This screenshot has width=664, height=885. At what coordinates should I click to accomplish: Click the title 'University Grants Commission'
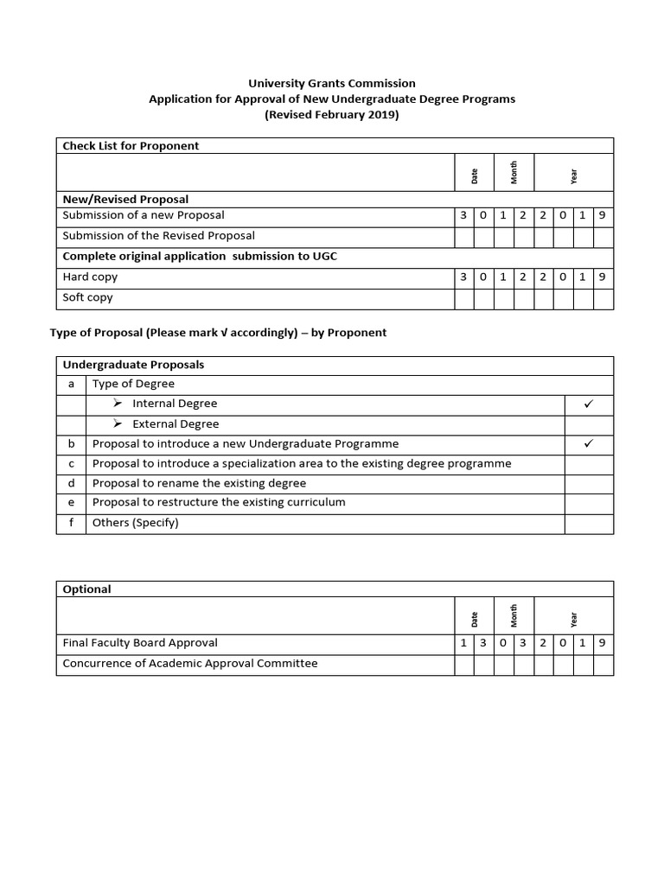point(332,84)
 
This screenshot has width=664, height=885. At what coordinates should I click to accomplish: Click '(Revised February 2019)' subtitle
point(332,115)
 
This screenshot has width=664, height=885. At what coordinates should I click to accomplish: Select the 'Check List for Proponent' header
point(131,146)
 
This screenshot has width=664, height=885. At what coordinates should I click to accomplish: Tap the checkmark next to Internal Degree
point(589,404)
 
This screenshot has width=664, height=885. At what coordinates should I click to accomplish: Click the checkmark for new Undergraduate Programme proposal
point(589,443)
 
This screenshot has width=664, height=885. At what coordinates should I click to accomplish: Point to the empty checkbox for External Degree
point(589,424)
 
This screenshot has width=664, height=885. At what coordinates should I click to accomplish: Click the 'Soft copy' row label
point(88,297)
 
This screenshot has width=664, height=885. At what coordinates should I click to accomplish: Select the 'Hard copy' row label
point(90,277)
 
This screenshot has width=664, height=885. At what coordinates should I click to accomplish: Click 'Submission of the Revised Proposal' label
point(158,235)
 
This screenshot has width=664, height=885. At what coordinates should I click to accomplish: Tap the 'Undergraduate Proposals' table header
point(133,365)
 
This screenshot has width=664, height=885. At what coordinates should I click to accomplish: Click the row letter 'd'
point(71,483)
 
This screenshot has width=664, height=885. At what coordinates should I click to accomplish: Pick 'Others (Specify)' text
point(135,523)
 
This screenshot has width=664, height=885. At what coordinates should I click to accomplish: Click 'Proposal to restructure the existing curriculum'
point(219,502)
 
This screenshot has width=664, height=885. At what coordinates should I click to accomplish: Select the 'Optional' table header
point(86,589)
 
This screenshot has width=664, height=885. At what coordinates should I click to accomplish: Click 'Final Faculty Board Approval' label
point(140,643)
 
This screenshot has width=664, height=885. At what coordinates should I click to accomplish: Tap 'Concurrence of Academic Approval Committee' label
point(190,664)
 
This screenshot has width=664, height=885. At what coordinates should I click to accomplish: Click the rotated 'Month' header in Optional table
point(514,615)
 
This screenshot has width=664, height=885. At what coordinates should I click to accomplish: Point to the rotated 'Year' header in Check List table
point(573,176)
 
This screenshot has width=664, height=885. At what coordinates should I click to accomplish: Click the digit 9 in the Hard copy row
point(603,277)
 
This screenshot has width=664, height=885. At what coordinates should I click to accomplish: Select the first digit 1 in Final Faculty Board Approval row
point(464,643)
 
